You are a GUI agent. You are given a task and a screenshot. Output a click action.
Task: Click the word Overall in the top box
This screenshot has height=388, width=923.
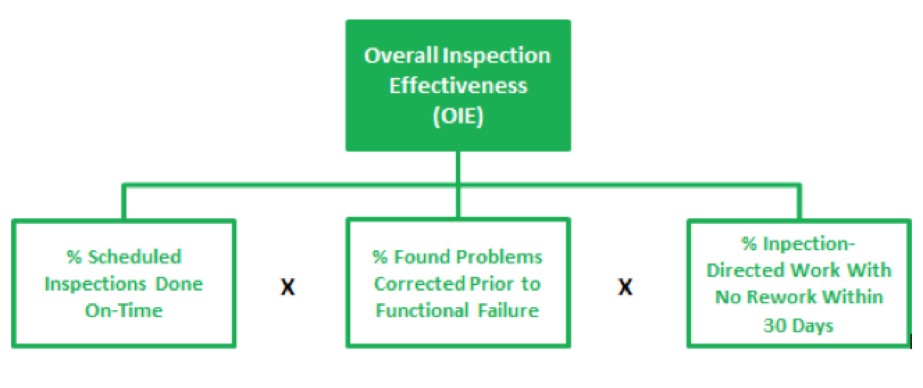(401, 55)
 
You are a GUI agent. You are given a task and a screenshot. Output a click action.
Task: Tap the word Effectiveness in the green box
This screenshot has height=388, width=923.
(458, 86)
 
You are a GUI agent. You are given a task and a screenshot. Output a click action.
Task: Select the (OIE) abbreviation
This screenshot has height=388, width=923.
(458, 116)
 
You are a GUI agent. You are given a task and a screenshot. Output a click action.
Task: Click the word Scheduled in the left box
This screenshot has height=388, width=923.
(135, 257)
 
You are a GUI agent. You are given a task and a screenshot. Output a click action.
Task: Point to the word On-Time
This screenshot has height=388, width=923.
(124, 311)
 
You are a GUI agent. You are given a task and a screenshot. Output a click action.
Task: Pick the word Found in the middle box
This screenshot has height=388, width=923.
(421, 257)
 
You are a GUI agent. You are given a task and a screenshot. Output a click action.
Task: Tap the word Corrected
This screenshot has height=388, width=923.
(420, 284)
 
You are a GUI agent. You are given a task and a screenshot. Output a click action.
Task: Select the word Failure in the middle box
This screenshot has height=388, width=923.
(508, 311)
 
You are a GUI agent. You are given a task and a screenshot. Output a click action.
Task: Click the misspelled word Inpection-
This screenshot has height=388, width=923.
(809, 243)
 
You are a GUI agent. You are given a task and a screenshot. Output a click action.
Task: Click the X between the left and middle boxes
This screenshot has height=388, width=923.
(288, 287)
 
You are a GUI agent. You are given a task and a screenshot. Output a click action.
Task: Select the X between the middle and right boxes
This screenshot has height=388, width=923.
(625, 287)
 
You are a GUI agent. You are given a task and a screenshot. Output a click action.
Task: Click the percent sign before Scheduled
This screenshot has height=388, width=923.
(74, 257)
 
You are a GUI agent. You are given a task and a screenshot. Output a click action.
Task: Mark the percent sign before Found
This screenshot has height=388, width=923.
(380, 257)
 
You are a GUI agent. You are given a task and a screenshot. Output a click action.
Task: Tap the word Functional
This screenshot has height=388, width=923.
(423, 311)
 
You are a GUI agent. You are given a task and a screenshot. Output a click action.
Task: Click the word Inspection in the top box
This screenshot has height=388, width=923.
(496, 56)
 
